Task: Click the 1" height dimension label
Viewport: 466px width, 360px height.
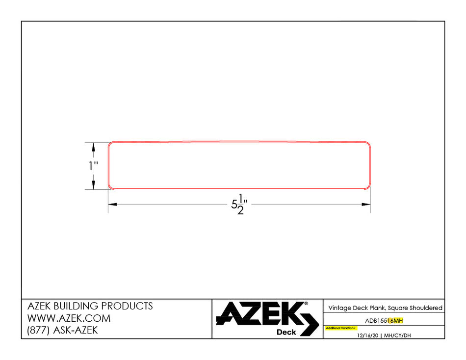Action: pyautogui.click(x=93, y=166)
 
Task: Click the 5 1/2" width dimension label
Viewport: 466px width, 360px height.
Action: pyautogui.click(x=238, y=205)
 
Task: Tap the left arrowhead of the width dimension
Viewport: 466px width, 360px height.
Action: pyautogui.click(x=112, y=205)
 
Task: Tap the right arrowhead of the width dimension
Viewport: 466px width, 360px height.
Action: pyautogui.click(x=366, y=205)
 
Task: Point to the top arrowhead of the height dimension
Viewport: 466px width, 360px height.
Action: pyautogui.click(x=93, y=147)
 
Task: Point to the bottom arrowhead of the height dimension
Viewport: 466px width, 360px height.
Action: pyautogui.click(x=93, y=185)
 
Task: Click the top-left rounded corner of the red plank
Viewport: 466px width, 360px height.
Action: pyautogui.click(x=111, y=144)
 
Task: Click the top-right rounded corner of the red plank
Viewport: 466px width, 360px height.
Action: pyautogui.click(x=367, y=144)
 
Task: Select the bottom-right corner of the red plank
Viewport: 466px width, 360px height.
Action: pyautogui.click(x=367, y=186)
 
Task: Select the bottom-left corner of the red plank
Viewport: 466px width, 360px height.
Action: pyautogui.click(x=111, y=186)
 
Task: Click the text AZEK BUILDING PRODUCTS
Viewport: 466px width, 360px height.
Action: pyautogui.click(x=90, y=306)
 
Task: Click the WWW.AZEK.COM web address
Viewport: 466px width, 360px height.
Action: pyautogui.click(x=69, y=318)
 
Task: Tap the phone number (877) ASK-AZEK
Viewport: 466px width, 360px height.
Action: pyautogui.click(x=62, y=331)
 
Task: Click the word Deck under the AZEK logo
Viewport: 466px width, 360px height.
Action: pyautogui.click(x=286, y=332)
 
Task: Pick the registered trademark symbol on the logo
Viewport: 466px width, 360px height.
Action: pyautogui.click(x=307, y=304)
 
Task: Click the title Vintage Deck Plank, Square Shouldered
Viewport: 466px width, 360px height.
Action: pyautogui.click(x=385, y=308)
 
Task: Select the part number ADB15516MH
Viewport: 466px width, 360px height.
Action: pyautogui.click(x=384, y=321)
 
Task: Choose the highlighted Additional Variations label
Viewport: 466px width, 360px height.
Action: pyautogui.click(x=341, y=328)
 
